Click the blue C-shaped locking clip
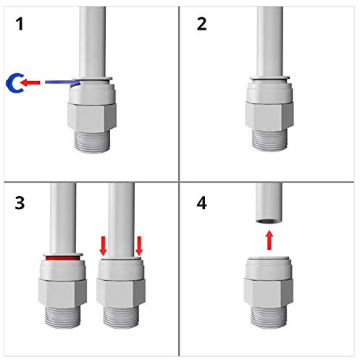pyautogui.click(x=9, y=83)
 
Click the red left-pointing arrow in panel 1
pyautogui.click(x=30, y=83)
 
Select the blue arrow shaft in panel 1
pyautogui.click(x=62, y=83)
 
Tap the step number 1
pyautogui.click(x=20, y=24)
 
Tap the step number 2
pyautogui.click(x=201, y=24)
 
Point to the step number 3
pyautogui.click(x=20, y=203)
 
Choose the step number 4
pyautogui.click(x=201, y=203)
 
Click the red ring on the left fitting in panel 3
pyautogui.click(x=62, y=258)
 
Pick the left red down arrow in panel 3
pyautogui.click(x=104, y=246)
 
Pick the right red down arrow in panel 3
pyautogui.click(x=139, y=246)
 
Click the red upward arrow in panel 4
pyautogui.click(x=269, y=240)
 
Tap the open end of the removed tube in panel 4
pyautogui.click(x=269, y=220)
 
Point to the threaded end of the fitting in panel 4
pyautogui.click(x=269, y=318)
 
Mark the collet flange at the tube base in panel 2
pyautogui.click(x=269, y=78)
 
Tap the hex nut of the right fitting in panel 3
pyautogui.click(x=121, y=293)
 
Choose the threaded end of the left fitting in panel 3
pyautogui.click(x=63, y=318)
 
